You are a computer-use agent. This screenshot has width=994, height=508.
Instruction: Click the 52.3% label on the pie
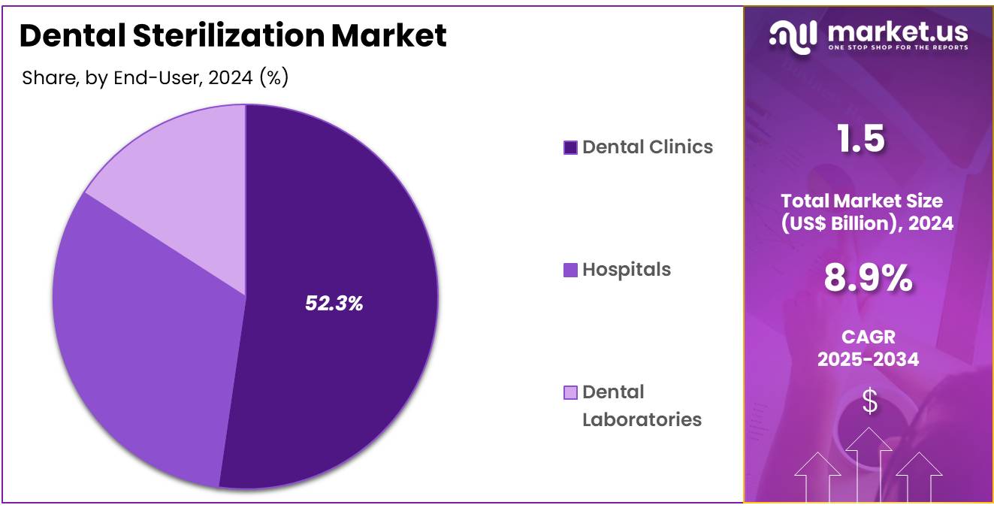point(334,304)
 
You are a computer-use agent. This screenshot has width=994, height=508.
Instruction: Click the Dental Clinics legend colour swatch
point(570,147)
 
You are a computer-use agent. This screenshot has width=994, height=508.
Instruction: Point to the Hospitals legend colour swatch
point(570,270)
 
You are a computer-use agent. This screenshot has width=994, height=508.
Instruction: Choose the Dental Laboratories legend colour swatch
point(570,392)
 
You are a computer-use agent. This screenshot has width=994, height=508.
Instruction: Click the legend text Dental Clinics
point(648,147)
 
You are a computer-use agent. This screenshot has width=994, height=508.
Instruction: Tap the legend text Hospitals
point(627,270)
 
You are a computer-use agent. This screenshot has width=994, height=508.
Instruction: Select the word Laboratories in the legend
point(642,419)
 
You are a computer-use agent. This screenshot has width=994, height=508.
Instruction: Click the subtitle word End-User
point(154,77)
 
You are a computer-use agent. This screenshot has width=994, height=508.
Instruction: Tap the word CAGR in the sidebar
point(868,337)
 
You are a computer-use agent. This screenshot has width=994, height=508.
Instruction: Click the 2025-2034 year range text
point(868,359)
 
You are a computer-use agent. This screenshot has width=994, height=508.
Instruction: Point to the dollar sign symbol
point(869,402)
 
